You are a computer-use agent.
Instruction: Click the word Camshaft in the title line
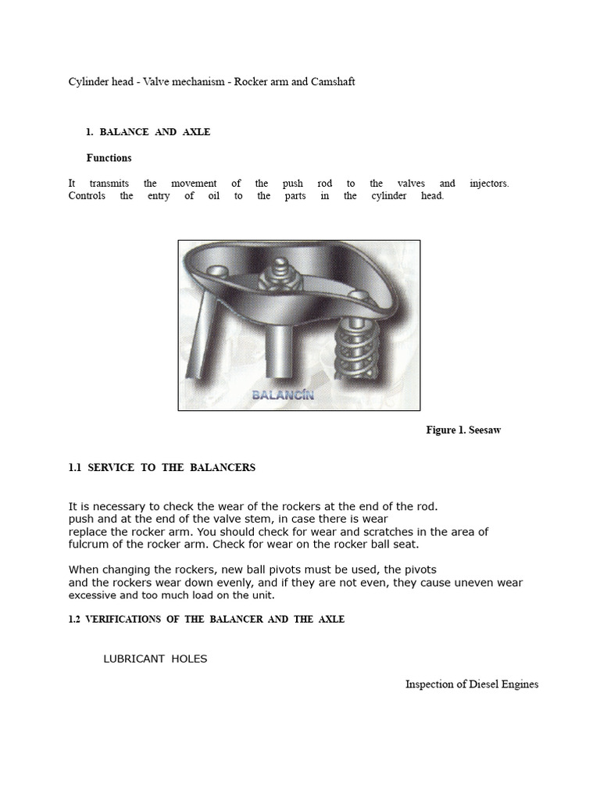coord(331,81)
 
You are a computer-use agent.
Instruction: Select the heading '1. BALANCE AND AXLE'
coord(148,132)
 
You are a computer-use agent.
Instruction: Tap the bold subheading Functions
coord(109,158)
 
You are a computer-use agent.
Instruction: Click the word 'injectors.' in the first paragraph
coord(489,184)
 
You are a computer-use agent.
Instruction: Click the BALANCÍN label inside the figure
coord(283,395)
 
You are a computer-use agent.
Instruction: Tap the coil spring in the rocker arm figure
coord(356,344)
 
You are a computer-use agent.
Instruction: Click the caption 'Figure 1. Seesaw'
coord(462,430)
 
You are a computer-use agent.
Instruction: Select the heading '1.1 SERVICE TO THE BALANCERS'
coord(162,468)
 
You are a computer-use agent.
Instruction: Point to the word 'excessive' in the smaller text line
coord(91,595)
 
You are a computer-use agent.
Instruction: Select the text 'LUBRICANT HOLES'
coord(155,659)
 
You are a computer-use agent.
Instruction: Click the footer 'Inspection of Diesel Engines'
coord(471,684)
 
